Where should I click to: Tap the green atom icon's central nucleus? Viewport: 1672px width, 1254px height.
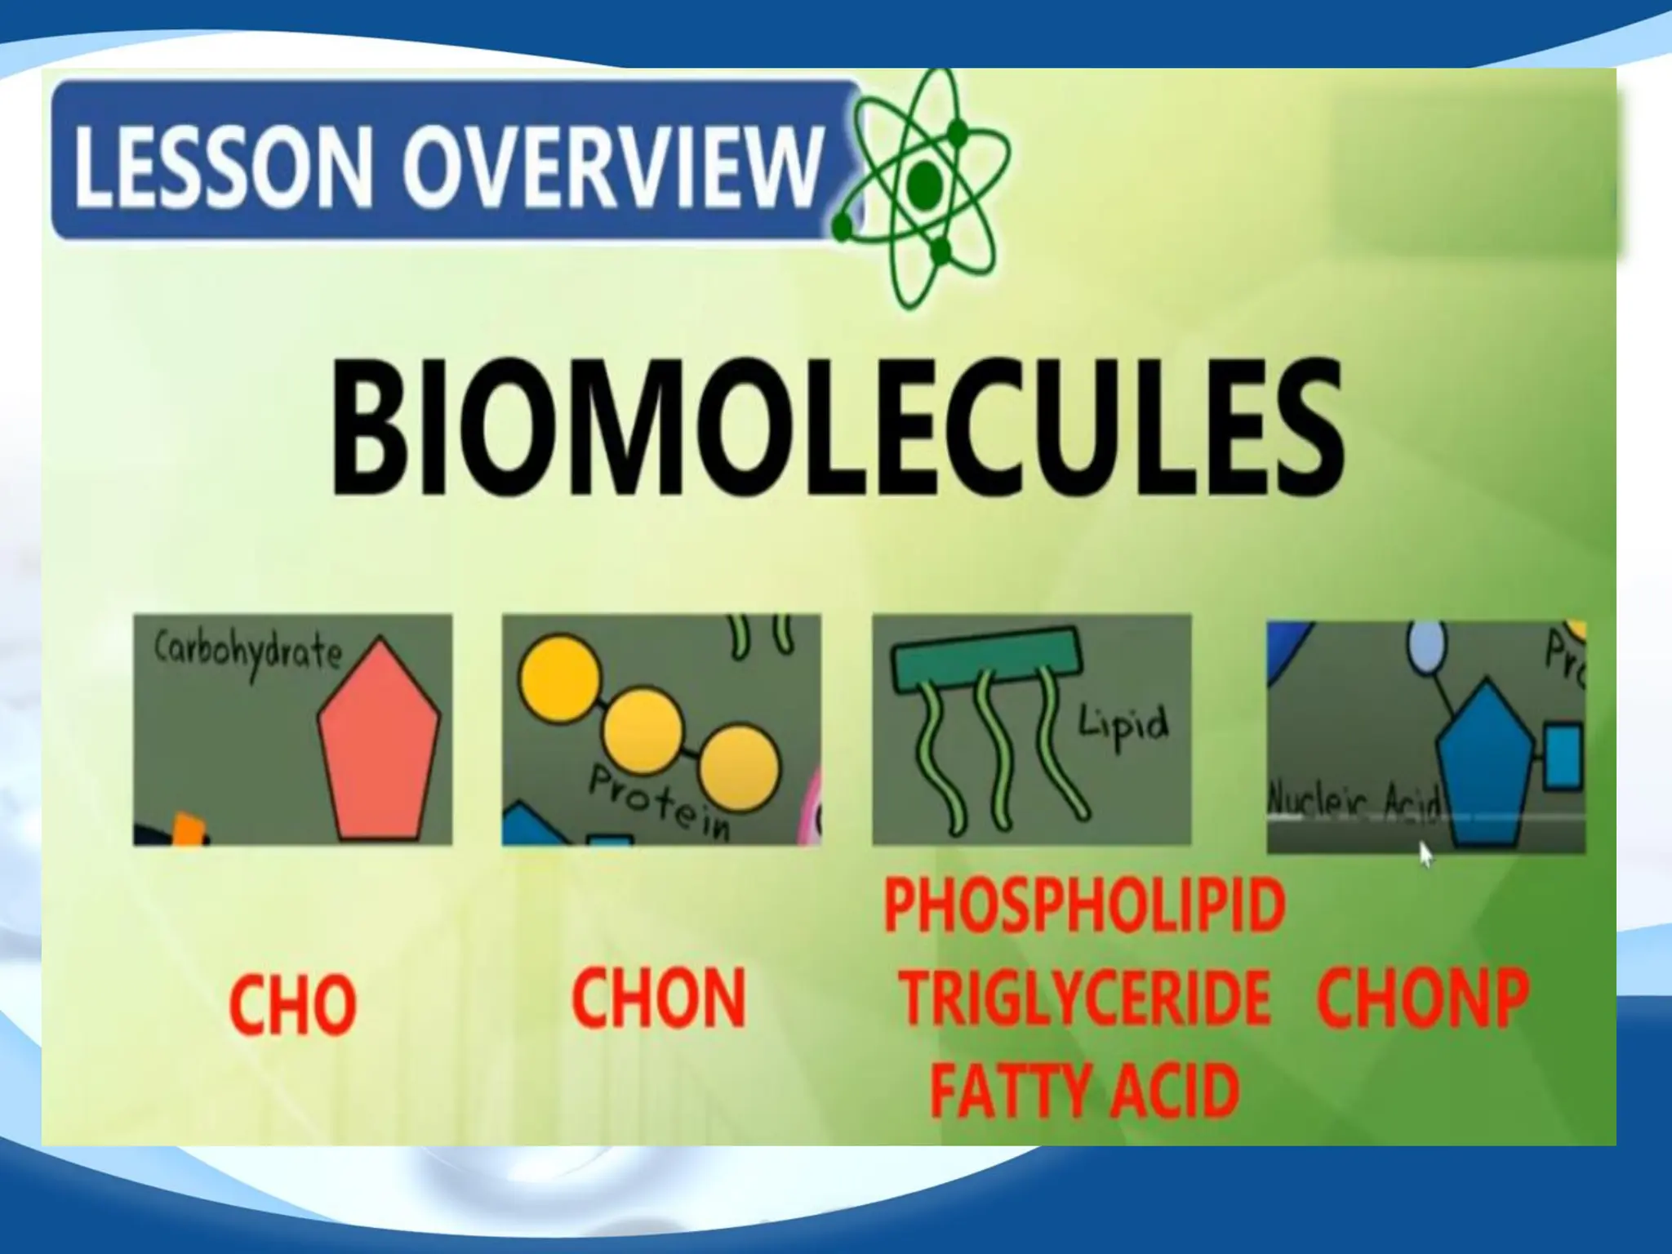click(924, 184)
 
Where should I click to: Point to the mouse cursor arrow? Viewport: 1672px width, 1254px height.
click(1425, 855)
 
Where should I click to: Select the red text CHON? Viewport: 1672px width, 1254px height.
click(658, 998)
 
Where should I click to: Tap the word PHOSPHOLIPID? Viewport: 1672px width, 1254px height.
click(1084, 906)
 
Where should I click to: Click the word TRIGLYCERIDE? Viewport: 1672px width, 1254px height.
click(1084, 998)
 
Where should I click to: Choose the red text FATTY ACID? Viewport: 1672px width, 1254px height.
click(1084, 1090)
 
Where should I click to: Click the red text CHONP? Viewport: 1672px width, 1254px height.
click(1422, 998)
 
